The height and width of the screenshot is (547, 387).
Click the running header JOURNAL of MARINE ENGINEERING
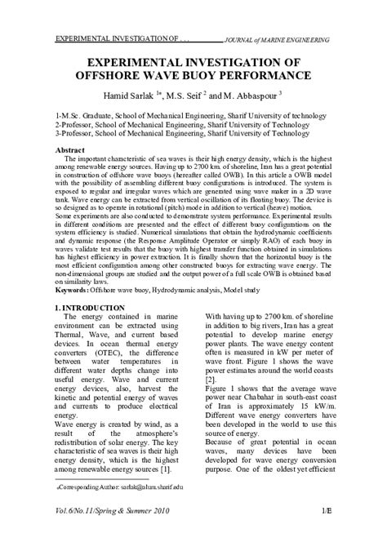[x=277, y=38]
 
